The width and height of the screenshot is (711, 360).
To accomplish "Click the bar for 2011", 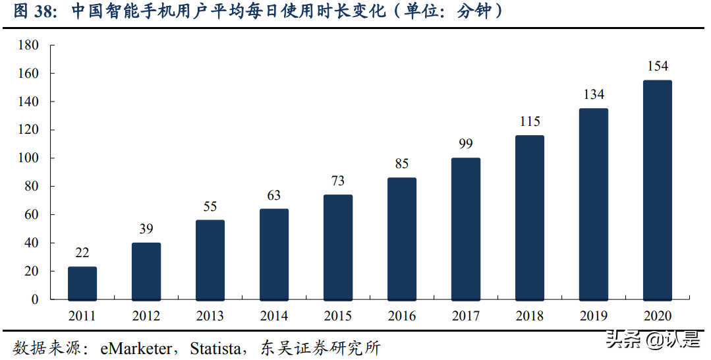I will click(82, 283).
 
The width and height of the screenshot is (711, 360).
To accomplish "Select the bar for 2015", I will click(338, 247).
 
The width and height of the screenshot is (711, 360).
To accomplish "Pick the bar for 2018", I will click(530, 218).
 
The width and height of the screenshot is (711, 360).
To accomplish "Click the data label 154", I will click(657, 66).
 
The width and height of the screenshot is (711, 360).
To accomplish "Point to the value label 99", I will click(466, 144).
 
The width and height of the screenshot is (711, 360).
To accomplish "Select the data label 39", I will click(146, 229).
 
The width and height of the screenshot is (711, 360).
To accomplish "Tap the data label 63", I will click(274, 195).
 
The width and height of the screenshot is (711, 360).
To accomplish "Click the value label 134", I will click(594, 94).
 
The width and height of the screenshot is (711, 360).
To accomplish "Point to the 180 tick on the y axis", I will click(29, 45).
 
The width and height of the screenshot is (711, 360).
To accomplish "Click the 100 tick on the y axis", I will click(29, 158).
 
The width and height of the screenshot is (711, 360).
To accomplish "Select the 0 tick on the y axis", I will click(36, 299).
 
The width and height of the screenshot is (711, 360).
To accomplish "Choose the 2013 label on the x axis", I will click(210, 316).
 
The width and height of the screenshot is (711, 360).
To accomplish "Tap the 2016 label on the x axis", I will click(402, 316).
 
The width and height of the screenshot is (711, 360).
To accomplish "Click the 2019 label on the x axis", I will click(594, 316).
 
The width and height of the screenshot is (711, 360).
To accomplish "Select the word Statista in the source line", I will click(215, 347).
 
